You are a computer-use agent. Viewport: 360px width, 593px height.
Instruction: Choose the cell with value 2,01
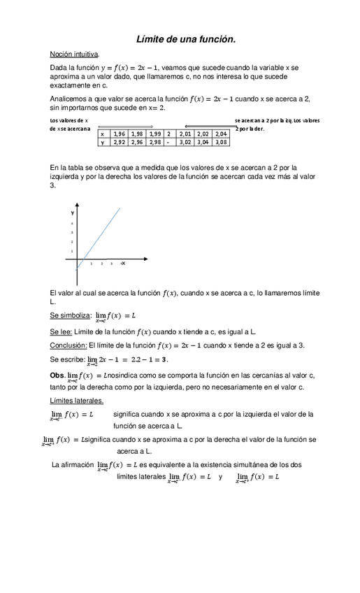(185, 133)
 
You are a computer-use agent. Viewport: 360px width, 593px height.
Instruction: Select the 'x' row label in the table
(103, 133)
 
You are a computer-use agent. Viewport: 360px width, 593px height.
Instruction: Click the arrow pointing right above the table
(133, 127)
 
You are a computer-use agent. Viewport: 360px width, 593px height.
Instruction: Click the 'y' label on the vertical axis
(72, 211)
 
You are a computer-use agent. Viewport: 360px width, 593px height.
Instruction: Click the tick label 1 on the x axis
(92, 264)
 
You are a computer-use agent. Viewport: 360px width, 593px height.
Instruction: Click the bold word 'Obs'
(57, 375)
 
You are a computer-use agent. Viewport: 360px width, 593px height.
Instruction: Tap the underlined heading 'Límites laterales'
(77, 400)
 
